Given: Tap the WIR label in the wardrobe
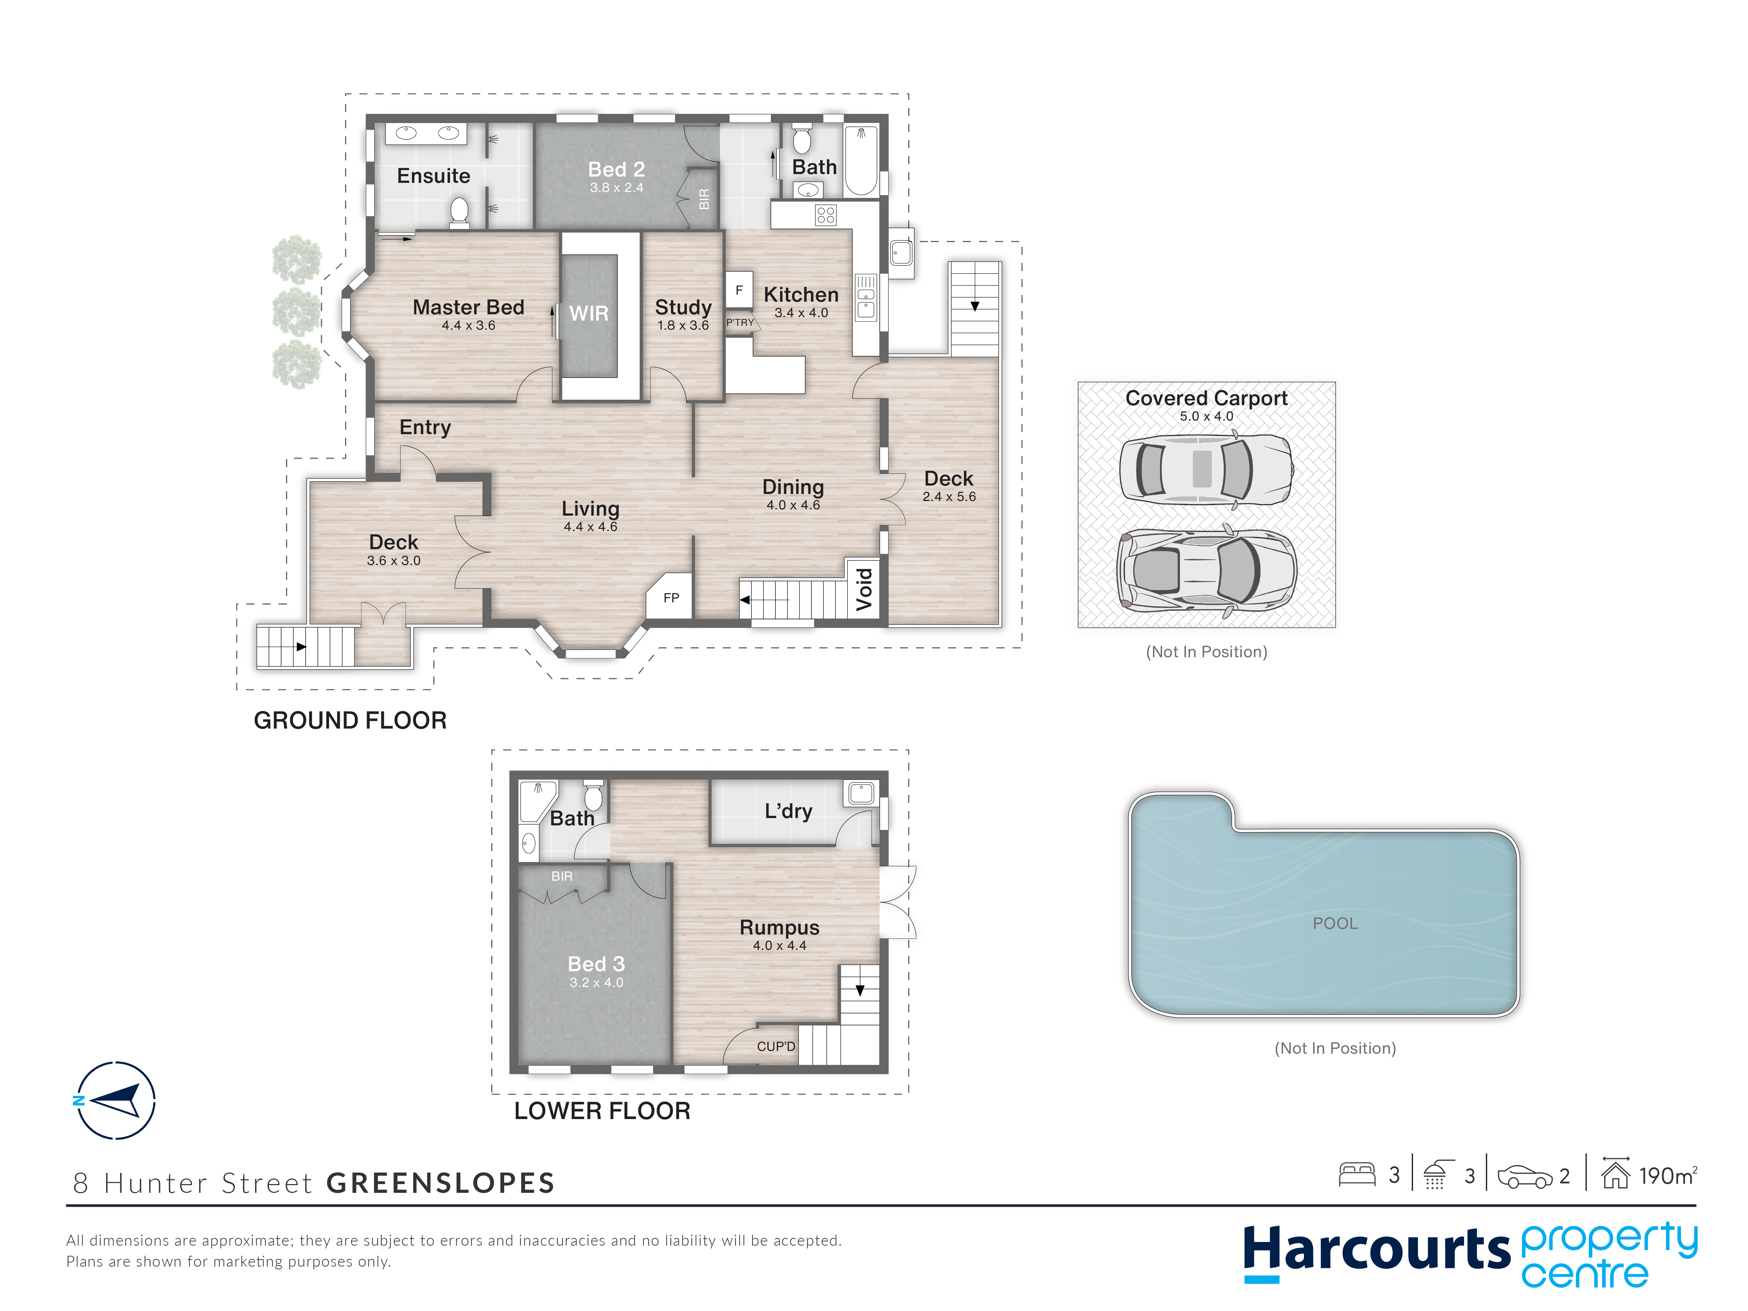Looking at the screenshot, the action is click(589, 314).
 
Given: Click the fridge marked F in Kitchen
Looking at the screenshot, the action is click(739, 290).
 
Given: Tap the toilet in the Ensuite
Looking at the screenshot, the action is click(459, 212).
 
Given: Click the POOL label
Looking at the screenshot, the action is click(1335, 923).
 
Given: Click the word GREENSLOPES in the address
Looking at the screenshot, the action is click(440, 1183).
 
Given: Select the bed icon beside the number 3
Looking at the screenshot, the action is click(1357, 1175).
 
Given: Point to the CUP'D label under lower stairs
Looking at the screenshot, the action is click(776, 1046).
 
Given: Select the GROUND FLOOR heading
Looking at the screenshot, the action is click(350, 720).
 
